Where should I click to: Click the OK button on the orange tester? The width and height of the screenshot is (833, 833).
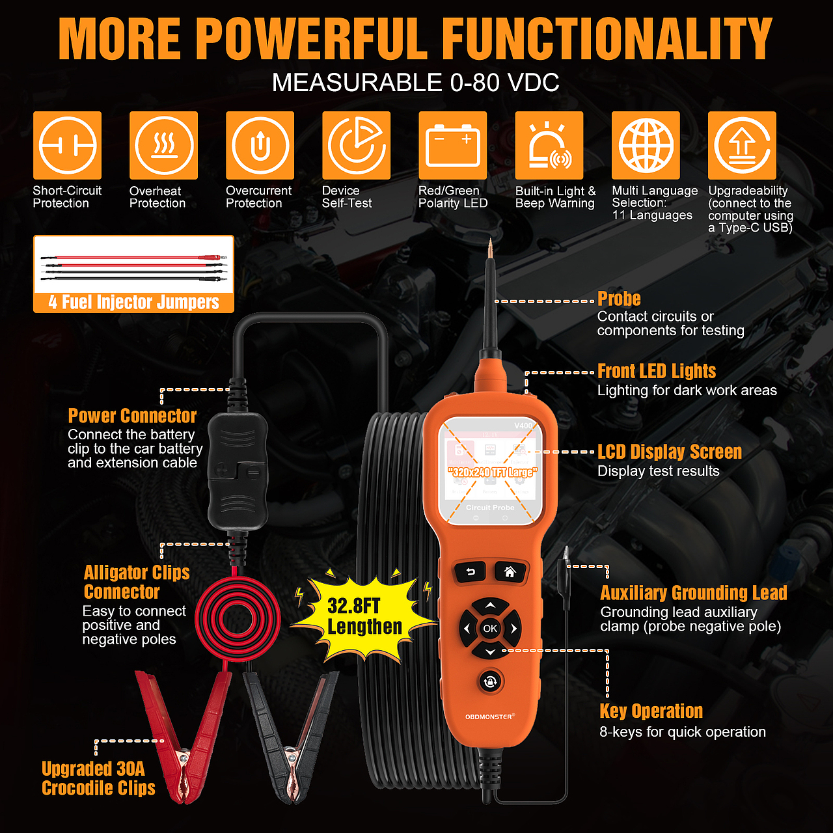[x=490, y=628]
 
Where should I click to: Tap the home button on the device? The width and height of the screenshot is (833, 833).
[x=510, y=572]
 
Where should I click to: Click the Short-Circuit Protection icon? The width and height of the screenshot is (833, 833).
[x=68, y=145]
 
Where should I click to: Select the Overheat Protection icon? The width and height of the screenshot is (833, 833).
[x=163, y=145]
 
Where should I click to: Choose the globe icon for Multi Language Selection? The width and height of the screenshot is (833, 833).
[x=646, y=145]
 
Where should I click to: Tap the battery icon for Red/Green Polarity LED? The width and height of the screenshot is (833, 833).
[x=452, y=145]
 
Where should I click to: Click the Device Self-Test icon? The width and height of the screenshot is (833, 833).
[x=356, y=145]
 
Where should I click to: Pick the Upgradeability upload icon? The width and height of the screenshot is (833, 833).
[x=742, y=145]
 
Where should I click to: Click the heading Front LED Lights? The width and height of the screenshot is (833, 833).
[x=656, y=371]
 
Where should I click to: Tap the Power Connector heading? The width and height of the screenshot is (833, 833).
[x=132, y=416]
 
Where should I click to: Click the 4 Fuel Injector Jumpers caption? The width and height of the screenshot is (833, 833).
[x=133, y=302]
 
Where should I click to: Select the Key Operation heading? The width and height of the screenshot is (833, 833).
[x=651, y=711]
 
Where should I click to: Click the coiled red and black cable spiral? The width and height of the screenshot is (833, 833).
[x=238, y=619]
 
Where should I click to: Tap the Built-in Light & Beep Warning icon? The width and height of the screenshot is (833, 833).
[x=549, y=145]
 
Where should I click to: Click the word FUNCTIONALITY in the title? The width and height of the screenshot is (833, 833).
[x=607, y=39]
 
